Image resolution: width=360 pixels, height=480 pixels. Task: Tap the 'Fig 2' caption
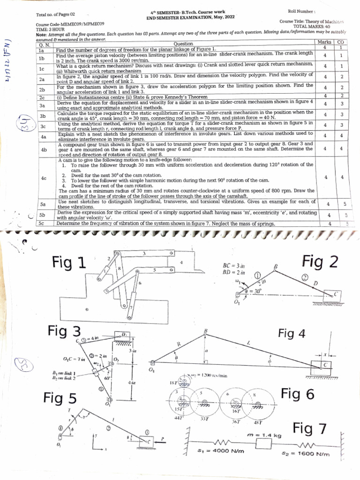pos(320,261)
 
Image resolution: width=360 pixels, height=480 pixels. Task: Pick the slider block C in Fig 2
pos(336,294)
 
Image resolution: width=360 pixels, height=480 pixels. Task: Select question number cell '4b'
pos(43,149)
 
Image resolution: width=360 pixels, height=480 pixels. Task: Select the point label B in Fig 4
pos(204,331)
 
